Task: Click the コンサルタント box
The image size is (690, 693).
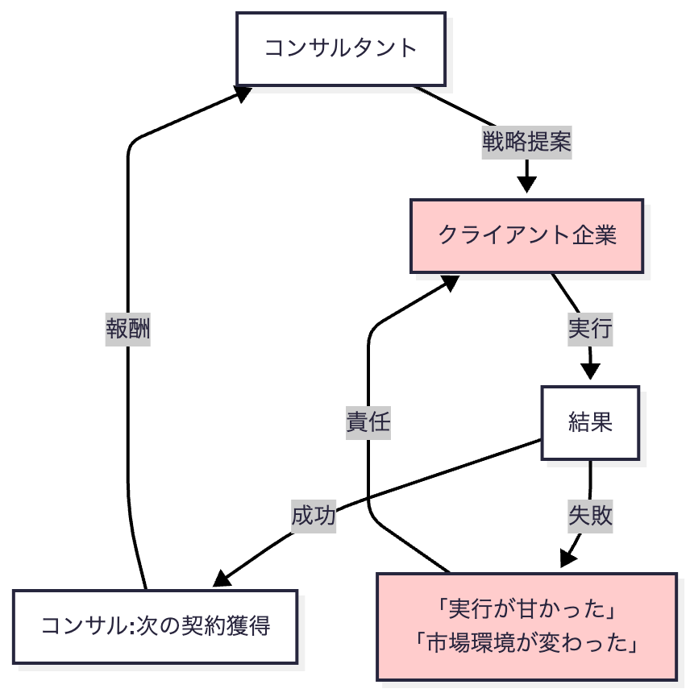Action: pos(340,48)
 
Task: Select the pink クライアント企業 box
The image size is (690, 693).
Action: pos(527,235)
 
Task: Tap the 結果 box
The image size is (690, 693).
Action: pos(590,423)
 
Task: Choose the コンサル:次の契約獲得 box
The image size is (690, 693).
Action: pos(156,626)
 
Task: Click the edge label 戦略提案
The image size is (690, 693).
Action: pos(526,142)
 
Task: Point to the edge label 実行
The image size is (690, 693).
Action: pos(591,329)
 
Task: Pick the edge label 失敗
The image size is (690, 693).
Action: pos(590,517)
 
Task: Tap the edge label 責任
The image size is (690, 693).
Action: pos(368,423)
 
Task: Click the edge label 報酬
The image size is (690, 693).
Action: pos(128,329)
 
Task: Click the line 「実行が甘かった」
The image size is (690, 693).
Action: pos(526,610)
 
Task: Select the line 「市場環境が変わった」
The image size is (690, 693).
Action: pos(526,643)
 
